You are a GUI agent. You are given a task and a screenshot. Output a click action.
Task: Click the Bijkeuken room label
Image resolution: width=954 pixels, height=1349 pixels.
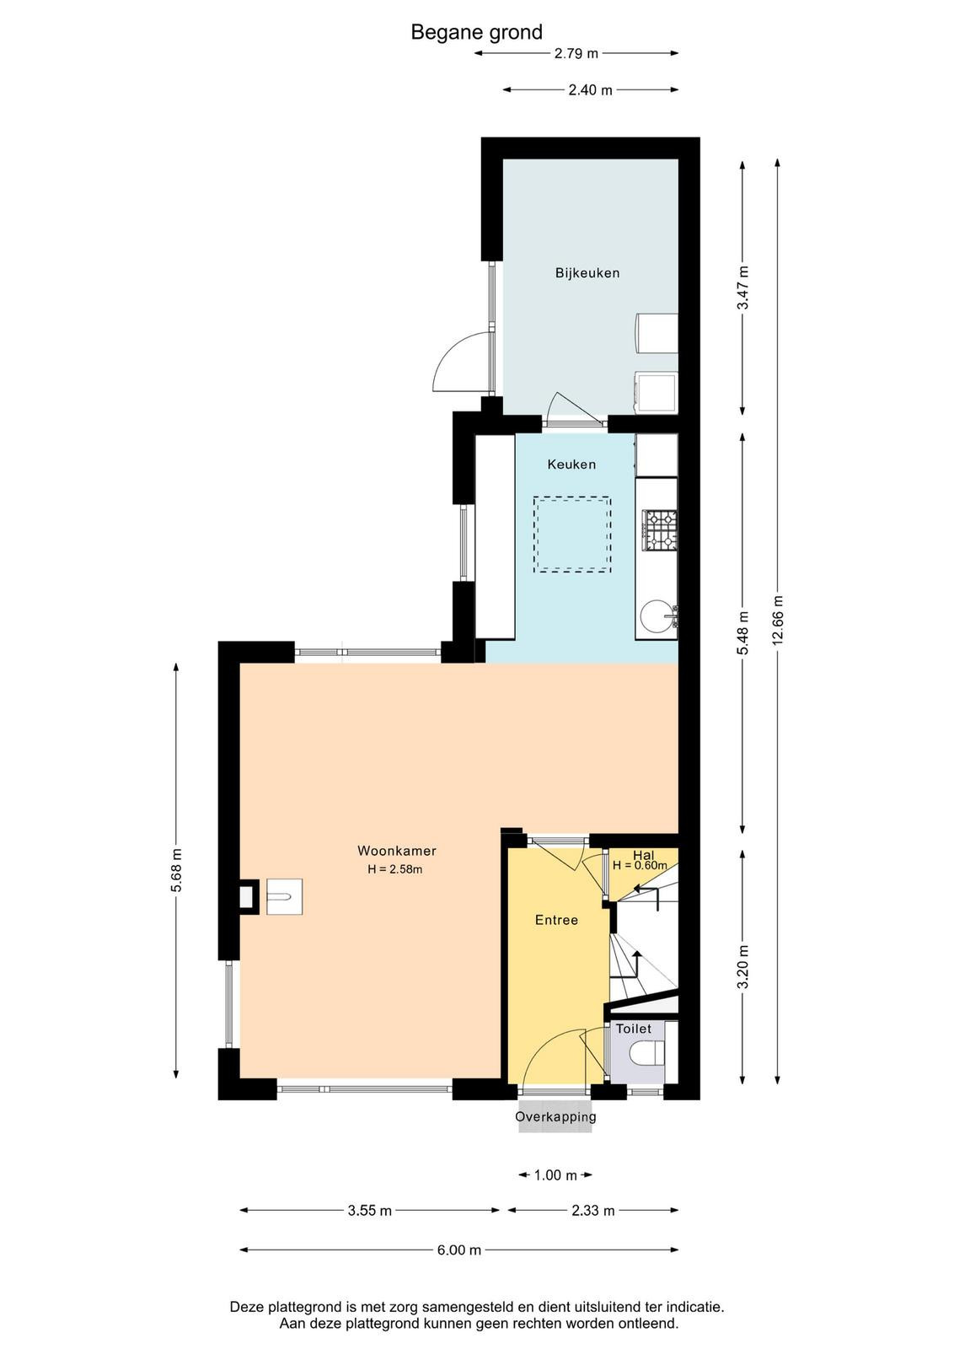(x=587, y=273)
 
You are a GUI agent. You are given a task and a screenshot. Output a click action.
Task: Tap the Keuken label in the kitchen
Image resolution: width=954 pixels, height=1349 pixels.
(x=571, y=465)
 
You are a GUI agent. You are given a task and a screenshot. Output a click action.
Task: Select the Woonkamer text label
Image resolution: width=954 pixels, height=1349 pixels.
(x=397, y=851)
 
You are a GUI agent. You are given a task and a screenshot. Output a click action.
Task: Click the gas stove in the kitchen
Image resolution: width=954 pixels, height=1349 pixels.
(x=660, y=530)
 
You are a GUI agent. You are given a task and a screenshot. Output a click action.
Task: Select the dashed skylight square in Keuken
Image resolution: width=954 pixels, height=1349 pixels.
(x=571, y=535)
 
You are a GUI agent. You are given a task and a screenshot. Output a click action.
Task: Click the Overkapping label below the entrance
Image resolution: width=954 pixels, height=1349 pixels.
(x=555, y=1116)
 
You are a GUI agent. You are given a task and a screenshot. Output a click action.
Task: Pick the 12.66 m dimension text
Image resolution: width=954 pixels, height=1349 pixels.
(x=778, y=621)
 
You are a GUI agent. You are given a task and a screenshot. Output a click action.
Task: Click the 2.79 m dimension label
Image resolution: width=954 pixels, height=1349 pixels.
(x=576, y=54)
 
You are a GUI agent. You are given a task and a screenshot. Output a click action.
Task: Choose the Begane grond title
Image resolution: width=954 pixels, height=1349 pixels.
(x=477, y=32)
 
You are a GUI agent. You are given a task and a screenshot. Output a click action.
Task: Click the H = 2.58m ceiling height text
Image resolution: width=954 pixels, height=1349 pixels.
(x=395, y=869)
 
